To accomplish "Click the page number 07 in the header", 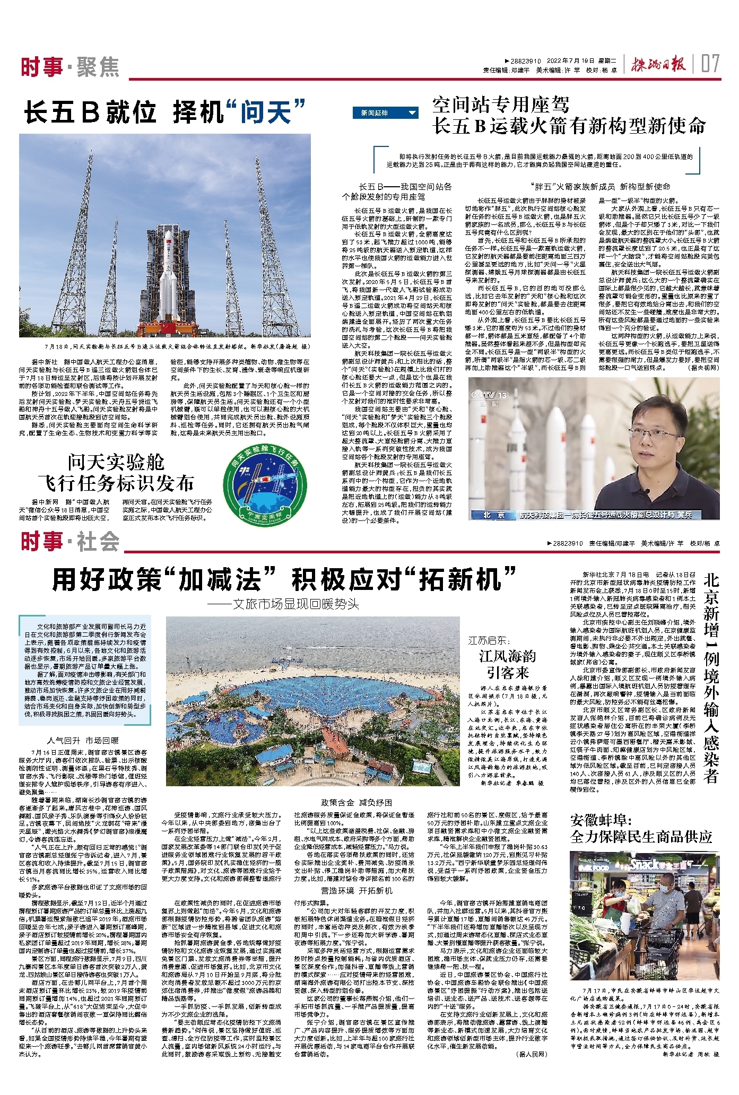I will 710,64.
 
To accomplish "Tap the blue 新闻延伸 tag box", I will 385,113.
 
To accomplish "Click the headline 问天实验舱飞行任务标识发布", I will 116,473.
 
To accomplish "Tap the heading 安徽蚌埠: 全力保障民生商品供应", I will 641,829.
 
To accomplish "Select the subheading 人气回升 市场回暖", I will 83,740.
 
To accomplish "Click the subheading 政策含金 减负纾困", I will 357,803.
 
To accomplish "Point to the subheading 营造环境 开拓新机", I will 357,890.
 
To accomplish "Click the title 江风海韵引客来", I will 507,664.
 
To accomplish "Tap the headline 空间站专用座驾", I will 501,105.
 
